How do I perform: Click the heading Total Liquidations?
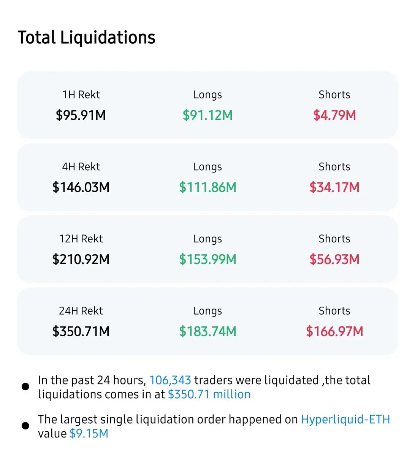click(x=87, y=38)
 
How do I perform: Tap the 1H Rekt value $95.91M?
click(x=81, y=115)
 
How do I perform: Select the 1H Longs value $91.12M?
click(x=207, y=115)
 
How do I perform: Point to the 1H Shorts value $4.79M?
click(x=334, y=115)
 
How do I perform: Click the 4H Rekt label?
click(x=81, y=166)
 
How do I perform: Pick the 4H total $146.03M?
click(x=81, y=187)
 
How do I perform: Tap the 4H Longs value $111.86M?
click(x=207, y=187)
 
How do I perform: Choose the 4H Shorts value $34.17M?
click(x=334, y=187)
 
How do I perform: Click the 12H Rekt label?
click(x=81, y=239)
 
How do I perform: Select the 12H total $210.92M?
click(x=81, y=259)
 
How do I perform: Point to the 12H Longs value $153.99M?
click(x=207, y=259)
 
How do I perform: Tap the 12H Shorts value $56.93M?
click(x=334, y=259)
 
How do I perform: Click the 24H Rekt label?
click(x=81, y=311)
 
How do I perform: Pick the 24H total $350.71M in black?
click(x=81, y=331)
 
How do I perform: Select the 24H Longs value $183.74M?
click(x=207, y=331)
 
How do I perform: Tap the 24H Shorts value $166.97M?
click(x=334, y=331)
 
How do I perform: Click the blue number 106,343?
click(x=170, y=380)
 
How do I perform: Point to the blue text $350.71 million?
click(x=209, y=394)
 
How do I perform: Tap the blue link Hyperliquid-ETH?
click(x=345, y=419)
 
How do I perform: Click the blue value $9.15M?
click(x=89, y=433)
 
